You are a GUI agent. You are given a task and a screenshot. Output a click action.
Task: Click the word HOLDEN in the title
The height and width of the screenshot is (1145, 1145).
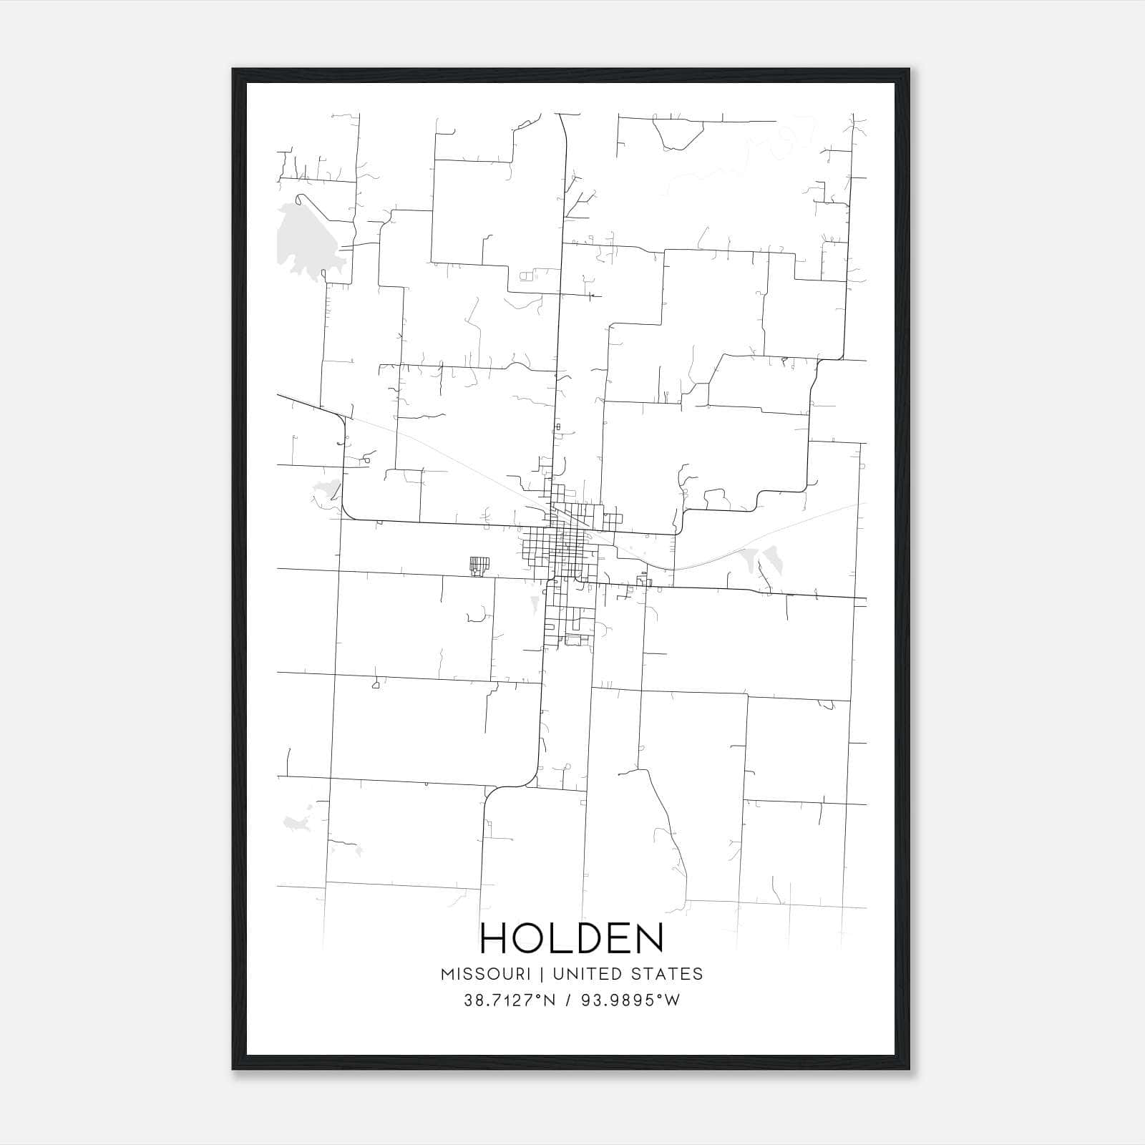[x=572, y=937]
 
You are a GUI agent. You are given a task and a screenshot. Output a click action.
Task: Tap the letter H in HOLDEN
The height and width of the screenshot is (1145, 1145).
[x=495, y=937]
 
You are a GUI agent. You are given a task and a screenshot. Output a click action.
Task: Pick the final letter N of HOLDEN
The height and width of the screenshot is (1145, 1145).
[x=649, y=937]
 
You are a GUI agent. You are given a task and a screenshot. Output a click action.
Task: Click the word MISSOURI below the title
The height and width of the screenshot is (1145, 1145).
[x=486, y=974]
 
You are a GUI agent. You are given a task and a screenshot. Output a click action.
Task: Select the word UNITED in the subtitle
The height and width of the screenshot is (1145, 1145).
[x=582, y=974]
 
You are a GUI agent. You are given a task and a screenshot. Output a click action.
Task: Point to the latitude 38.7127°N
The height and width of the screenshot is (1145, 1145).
[x=510, y=1000]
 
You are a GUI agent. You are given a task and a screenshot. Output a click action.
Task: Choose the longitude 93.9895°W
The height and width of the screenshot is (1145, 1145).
[x=630, y=1000]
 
